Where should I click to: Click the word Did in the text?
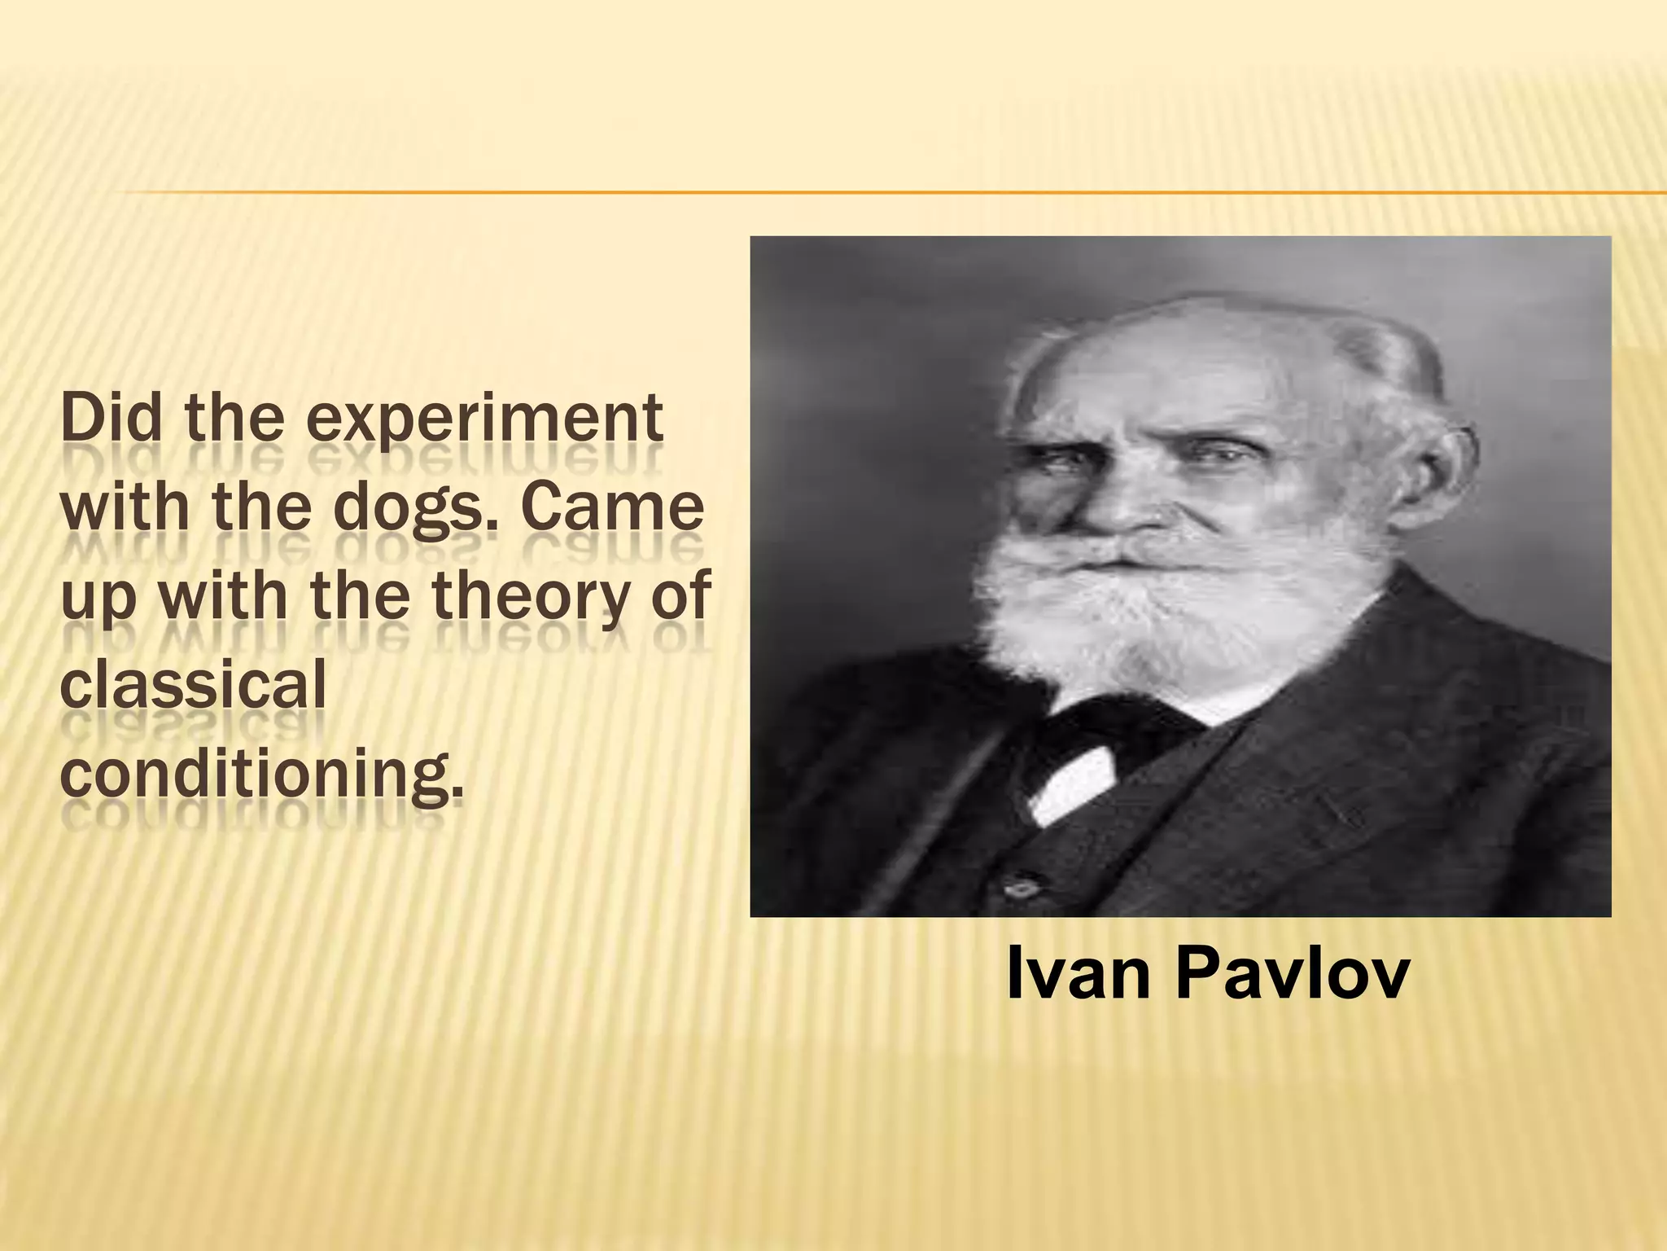[114, 420]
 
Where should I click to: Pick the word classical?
[193, 683]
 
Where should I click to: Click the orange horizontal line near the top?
[814, 192]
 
